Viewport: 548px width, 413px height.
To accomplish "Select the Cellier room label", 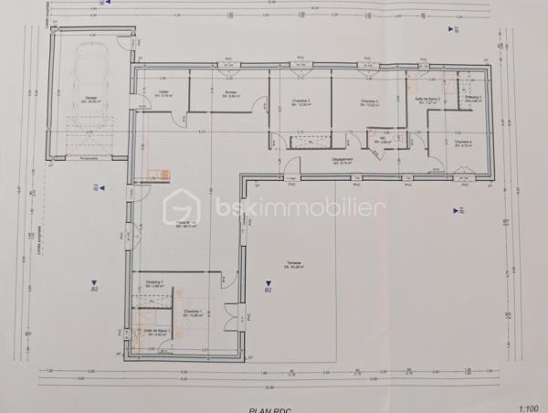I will (x=164, y=93).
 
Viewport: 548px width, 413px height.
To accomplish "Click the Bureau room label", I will (x=231, y=94).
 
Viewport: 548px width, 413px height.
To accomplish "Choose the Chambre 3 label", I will (x=368, y=102).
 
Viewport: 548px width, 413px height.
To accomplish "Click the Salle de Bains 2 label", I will (x=427, y=100).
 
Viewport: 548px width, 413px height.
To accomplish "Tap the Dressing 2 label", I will (x=473, y=99).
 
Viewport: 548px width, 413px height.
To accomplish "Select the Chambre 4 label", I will (x=463, y=143).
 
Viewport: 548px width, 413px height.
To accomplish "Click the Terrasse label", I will (x=292, y=265).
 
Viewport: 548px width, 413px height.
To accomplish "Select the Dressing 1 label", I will (x=154, y=284).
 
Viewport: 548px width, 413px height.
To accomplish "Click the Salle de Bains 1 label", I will (x=154, y=333).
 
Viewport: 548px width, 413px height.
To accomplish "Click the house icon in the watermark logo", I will (x=181, y=209).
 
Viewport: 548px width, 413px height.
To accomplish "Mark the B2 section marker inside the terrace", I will (x=268, y=290).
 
